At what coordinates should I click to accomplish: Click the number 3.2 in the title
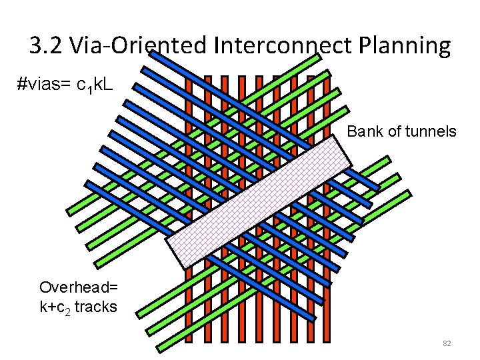47,45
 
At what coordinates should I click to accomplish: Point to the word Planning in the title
405,47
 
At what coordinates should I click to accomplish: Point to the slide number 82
447,343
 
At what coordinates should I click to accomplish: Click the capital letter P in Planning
367,45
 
